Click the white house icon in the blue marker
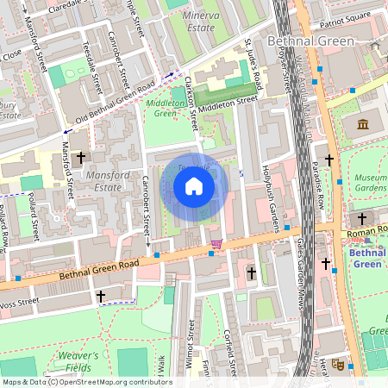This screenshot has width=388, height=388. pyautogui.click(x=194, y=186)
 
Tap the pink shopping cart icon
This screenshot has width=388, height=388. pyautogui.click(x=216, y=244)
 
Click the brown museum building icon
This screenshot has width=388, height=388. pyautogui.click(x=363, y=125)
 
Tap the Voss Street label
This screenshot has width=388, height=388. pyautogui.click(x=19, y=304)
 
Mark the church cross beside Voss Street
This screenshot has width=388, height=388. pyautogui.click(x=101, y=297)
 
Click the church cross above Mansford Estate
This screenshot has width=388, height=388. pyautogui.click(x=82, y=158)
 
